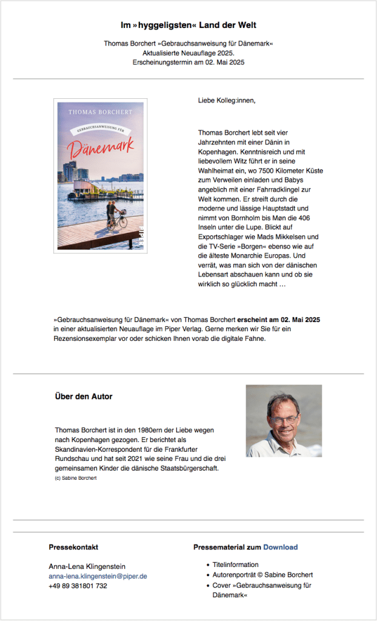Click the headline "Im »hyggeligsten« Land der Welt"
pyautogui.click(x=188, y=25)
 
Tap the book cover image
pyautogui.click(x=100, y=176)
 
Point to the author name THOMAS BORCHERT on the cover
pyautogui.click(x=100, y=112)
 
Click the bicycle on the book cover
pyautogui.click(x=119, y=220)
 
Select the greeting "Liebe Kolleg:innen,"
pyautogui.click(x=227, y=100)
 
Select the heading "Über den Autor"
pyautogui.click(x=84, y=397)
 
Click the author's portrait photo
pyautogui.click(x=284, y=420)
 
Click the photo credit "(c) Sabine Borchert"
pyautogui.click(x=75, y=478)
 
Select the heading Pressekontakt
pyautogui.click(x=73, y=547)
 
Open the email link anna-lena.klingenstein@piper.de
pyautogui.click(x=98, y=576)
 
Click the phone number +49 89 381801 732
pyautogui.click(x=78, y=586)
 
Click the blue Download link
pyautogui.click(x=280, y=547)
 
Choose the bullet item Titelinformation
pyautogui.click(x=235, y=565)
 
